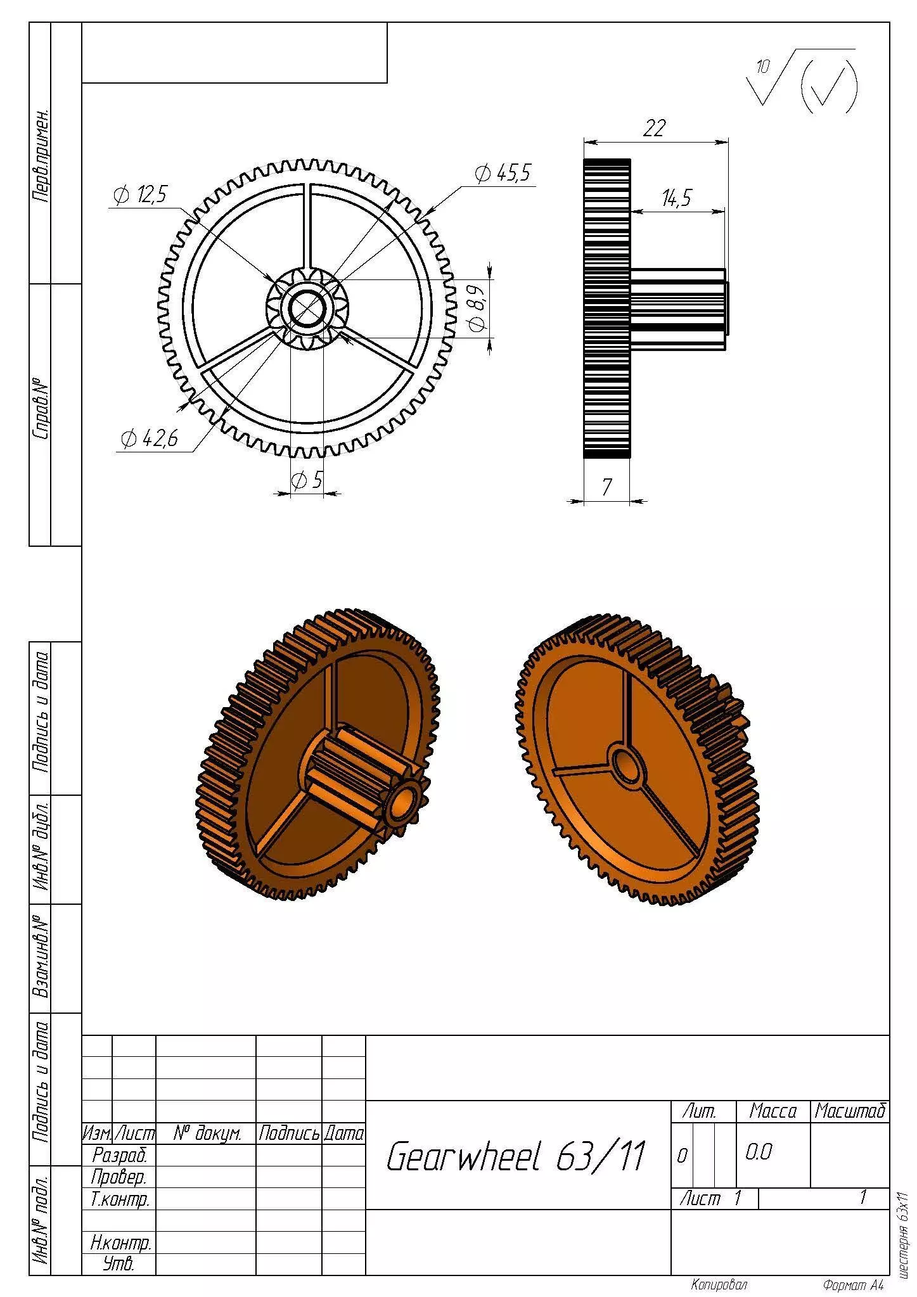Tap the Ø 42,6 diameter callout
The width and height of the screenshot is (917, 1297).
click(150, 438)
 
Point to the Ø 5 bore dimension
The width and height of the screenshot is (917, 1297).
click(307, 480)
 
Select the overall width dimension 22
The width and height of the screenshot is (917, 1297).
click(654, 129)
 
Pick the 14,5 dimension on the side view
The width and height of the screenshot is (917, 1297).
click(677, 199)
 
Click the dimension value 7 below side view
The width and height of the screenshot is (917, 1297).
click(606, 487)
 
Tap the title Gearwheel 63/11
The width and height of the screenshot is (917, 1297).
click(515, 1156)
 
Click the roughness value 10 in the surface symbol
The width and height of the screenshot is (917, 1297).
click(763, 66)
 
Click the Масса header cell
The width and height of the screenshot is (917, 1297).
click(773, 1111)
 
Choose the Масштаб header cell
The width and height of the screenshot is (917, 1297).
click(849, 1111)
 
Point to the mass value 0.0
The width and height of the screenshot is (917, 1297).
click(758, 1152)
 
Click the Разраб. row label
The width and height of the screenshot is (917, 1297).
click(119, 1155)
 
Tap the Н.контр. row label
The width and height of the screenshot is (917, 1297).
click(120, 1243)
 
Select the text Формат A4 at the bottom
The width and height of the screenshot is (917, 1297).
click(852, 1285)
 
